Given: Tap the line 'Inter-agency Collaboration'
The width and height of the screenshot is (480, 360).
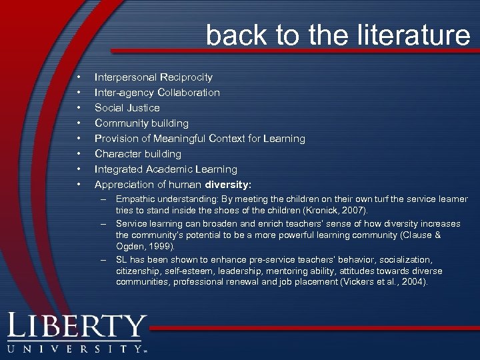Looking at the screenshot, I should (x=157, y=92).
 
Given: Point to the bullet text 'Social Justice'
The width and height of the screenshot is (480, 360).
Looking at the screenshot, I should (x=127, y=107).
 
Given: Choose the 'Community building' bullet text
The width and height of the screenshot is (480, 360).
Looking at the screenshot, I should (x=141, y=123).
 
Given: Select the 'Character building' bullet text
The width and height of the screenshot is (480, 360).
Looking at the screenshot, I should (x=138, y=153).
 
